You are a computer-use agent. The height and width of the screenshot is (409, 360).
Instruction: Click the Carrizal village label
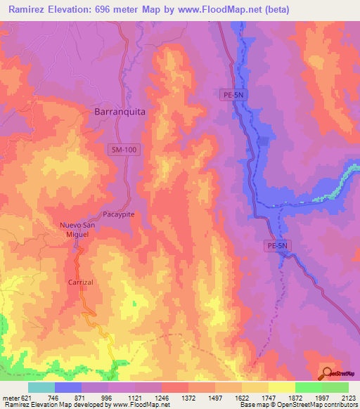tap(81, 282)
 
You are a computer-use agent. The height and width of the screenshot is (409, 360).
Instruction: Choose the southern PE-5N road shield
tap(278, 245)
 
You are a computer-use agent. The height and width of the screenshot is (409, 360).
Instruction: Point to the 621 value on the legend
tap(27, 397)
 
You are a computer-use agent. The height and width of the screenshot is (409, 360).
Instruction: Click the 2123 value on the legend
tap(348, 397)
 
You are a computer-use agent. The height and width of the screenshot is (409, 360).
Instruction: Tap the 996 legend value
tap(106, 397)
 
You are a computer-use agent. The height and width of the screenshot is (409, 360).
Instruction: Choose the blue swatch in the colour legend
tap(68, 387)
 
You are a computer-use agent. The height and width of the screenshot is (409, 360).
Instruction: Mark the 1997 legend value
tap(321, 397)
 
